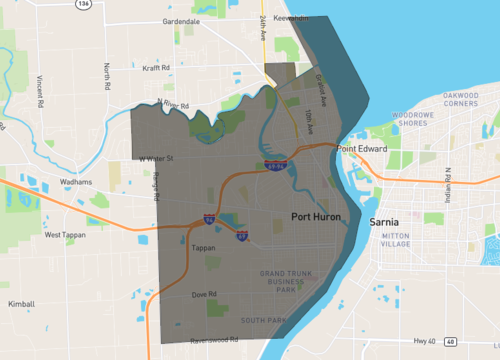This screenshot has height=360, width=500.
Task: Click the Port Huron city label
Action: [318, 216]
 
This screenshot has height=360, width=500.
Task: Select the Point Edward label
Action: [360, 149]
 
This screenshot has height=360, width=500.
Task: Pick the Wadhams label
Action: [74, 182]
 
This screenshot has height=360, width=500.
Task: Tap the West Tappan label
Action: [67, 235]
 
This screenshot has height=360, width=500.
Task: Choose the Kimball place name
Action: [21, 304]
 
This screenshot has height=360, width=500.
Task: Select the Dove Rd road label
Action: [205, 294]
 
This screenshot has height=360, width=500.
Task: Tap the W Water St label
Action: [157, 158]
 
